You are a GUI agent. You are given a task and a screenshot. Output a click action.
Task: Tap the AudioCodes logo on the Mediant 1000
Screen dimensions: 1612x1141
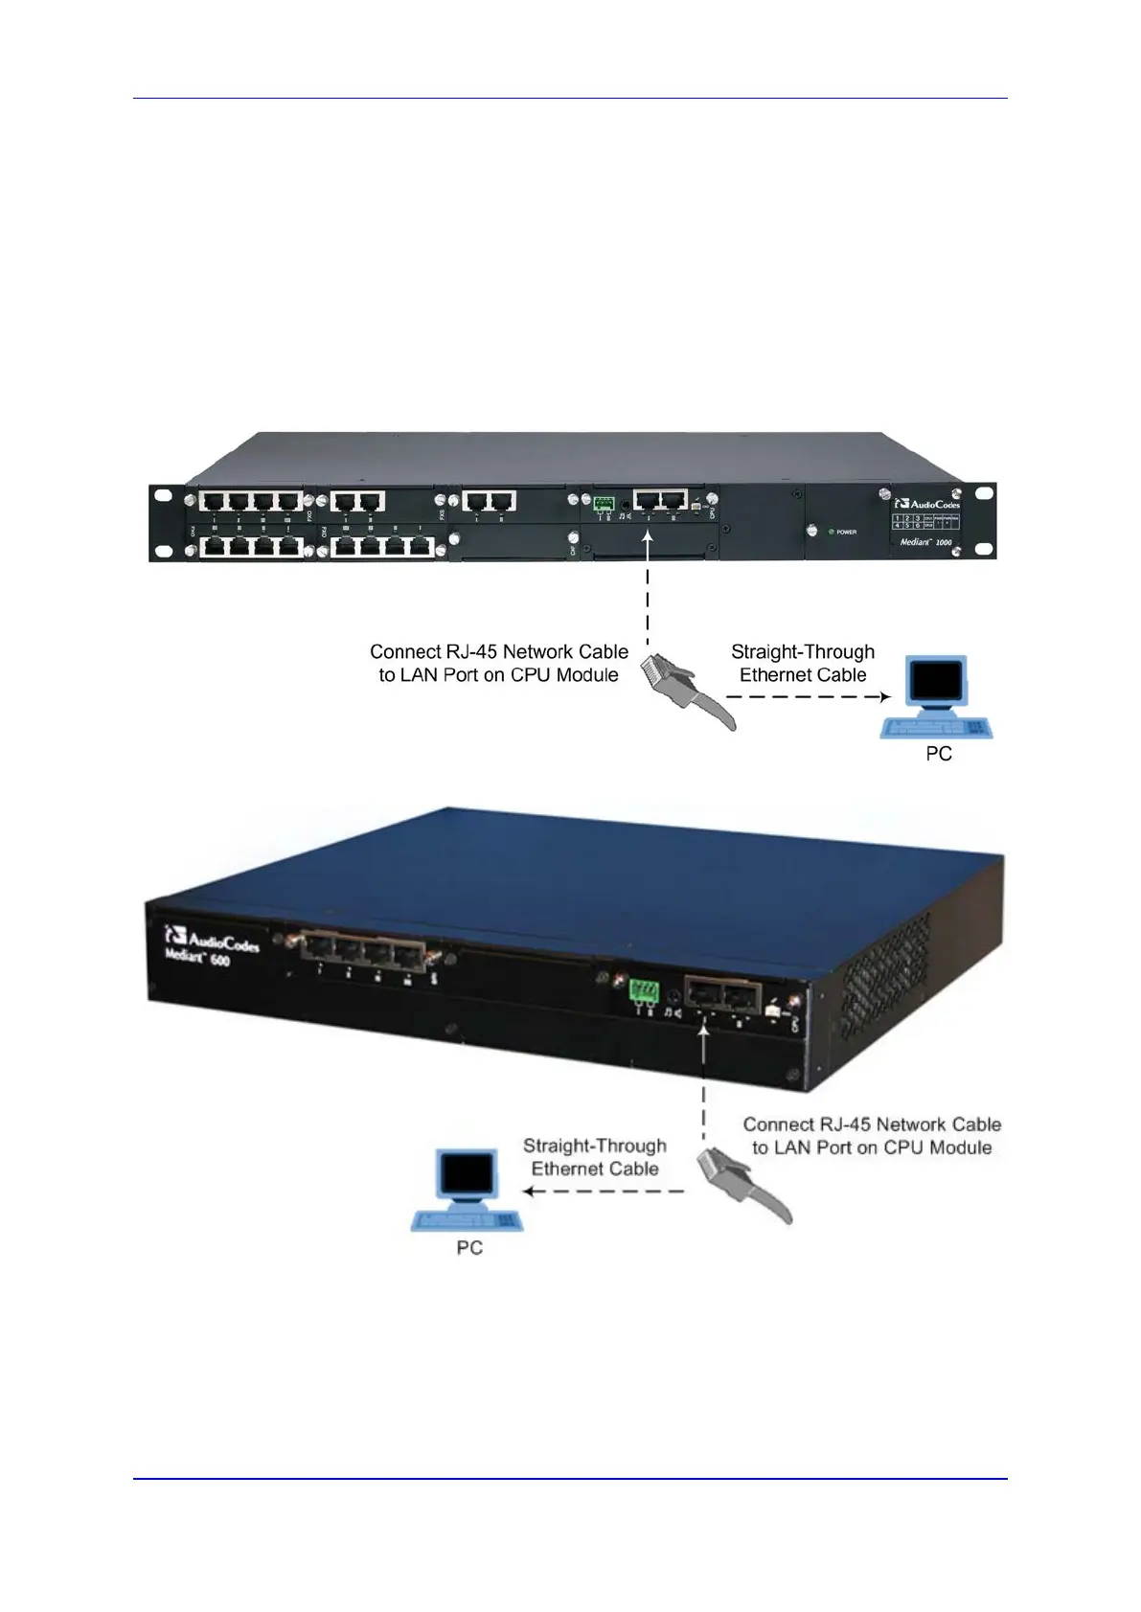(926, 503)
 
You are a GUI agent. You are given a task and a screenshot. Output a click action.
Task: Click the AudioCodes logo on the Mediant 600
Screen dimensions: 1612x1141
(212, 940)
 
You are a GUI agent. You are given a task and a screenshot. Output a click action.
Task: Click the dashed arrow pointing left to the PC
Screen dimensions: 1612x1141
(604, 1192)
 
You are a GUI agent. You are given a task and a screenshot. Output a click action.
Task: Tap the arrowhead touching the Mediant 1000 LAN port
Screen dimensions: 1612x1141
(649, 538)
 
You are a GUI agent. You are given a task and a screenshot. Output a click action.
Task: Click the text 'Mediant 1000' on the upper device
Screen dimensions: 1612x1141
(925, 542)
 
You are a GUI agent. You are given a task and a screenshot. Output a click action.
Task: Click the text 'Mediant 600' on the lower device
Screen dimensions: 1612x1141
(197, 957)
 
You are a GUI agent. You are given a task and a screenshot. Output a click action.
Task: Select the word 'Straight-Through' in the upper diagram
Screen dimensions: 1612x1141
(803, 651)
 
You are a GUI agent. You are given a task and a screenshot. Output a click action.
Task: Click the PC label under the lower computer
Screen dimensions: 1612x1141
(469, 1247)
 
